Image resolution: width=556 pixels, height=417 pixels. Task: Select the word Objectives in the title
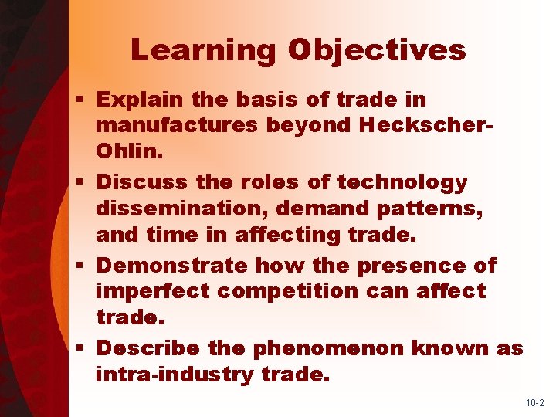coord(377,50)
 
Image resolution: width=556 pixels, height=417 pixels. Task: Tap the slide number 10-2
coord(535,403)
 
